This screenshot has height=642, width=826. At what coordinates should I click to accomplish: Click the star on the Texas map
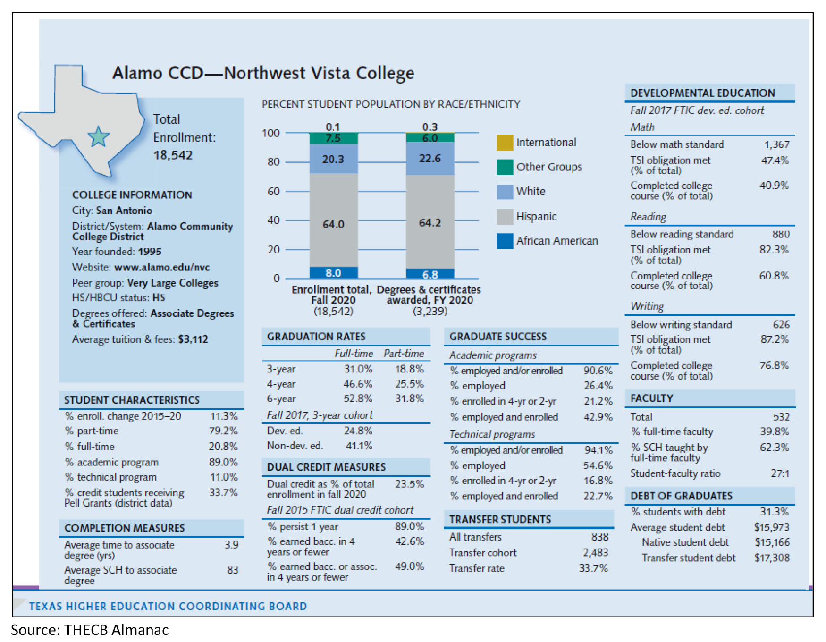coord(99,137)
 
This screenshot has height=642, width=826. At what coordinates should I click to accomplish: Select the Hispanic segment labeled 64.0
coord(333,224)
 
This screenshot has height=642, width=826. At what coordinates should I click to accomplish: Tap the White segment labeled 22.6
coord(430,158)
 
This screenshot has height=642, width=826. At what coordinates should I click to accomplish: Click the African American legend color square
coord(505,241)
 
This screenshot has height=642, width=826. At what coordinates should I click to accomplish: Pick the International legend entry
coord(546,143)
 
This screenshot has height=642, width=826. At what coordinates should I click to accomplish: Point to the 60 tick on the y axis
coord(274,191)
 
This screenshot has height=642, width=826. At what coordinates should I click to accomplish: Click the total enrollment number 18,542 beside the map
coord(173,155)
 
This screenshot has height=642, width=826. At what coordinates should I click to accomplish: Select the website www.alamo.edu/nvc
coord(162,267)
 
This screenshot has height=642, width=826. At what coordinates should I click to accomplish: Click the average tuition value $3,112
coord(193,339)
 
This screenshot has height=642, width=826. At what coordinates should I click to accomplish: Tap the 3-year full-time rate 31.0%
coord(358,369)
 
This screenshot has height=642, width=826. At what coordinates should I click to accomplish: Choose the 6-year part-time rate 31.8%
coord(409,398)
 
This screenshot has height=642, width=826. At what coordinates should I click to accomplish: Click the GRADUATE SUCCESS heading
coord(497,337)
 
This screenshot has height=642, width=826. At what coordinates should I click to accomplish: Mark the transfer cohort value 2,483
coord(595,552)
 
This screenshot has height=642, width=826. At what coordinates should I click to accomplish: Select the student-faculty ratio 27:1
coord(780,473)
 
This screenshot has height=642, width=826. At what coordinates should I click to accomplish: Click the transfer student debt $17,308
coord(772,558)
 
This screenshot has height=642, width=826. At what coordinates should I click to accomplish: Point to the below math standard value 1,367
coord(777,144)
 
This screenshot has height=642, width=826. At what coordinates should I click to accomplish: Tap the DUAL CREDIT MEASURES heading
coord(326,467)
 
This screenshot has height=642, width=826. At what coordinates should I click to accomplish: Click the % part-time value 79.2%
coord(223,431)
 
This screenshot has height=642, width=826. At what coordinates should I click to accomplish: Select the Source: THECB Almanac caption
coord(90,630)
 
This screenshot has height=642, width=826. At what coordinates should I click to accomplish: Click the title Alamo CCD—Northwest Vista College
coord(263,73)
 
